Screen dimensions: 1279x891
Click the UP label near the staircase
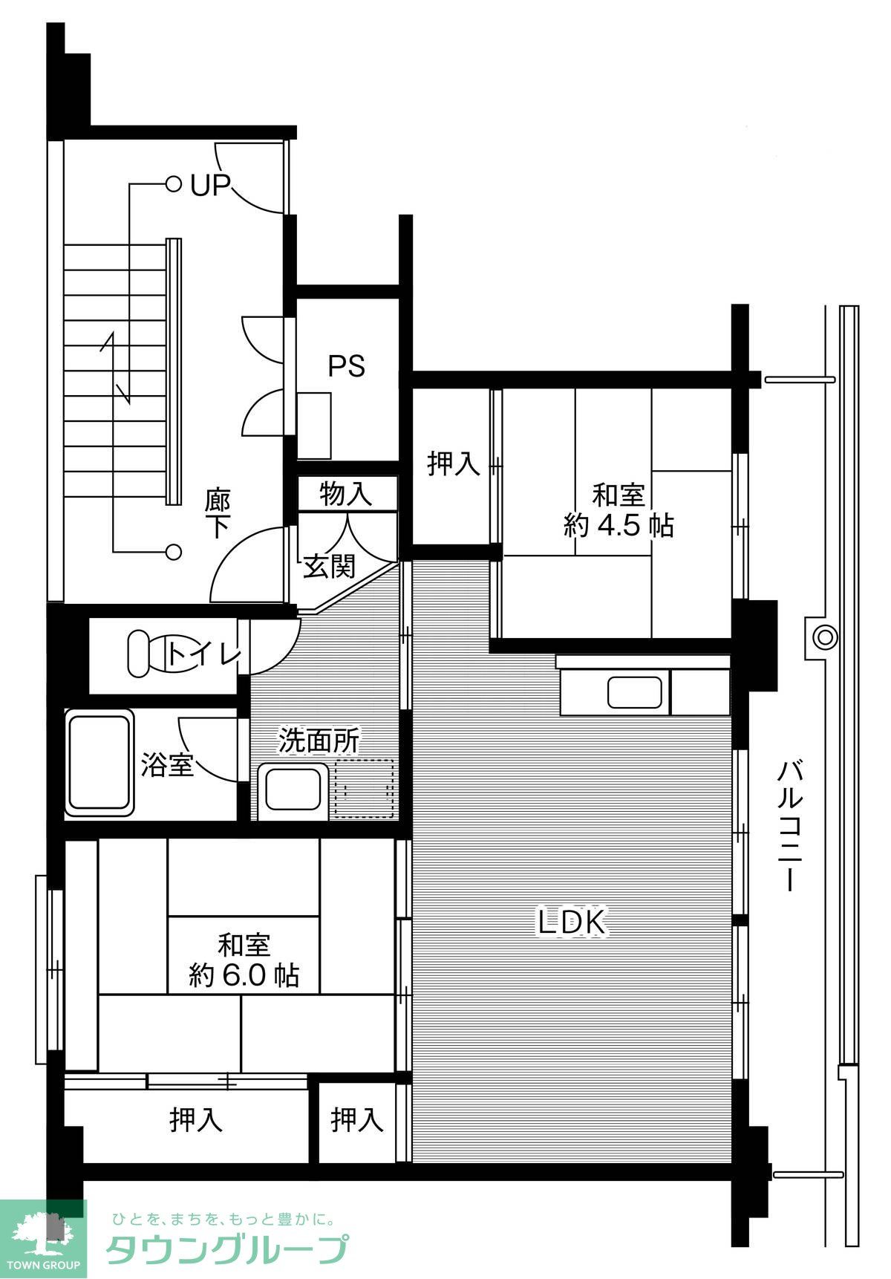tap(210, 185)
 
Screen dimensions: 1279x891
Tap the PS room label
tap(347, 366)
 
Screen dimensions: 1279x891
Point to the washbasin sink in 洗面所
tap(293, 789)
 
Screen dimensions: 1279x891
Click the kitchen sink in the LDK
tap(635, 693)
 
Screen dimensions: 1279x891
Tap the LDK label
tap(572, 922)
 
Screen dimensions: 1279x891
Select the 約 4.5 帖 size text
tap(619, 526)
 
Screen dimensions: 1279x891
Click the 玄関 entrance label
tap(329, 567)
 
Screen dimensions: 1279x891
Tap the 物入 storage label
tap(345, 494)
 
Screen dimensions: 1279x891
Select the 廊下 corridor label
tap(218, 512)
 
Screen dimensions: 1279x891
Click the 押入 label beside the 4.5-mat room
tap(454, 463)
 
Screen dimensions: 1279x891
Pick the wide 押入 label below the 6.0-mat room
tap(196, 1119)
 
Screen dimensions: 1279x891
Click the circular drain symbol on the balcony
tap(824, 637)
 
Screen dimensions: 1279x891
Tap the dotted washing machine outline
tap(363, 788)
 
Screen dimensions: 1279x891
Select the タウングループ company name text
tap(227, 1250)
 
